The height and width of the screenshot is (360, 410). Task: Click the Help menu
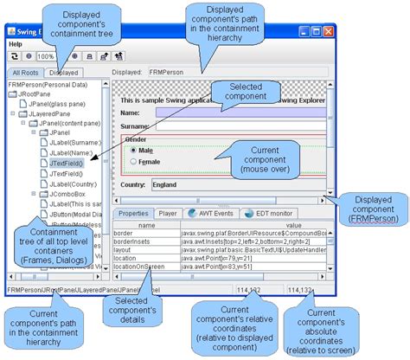(x=16, y=43)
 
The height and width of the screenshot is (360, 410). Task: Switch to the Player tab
(x=168, y=213)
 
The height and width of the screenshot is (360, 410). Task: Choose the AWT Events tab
(x=210, y=213)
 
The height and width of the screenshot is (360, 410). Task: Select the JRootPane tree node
(x=35, y=94)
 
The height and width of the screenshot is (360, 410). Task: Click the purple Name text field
(x=234, y=112)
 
